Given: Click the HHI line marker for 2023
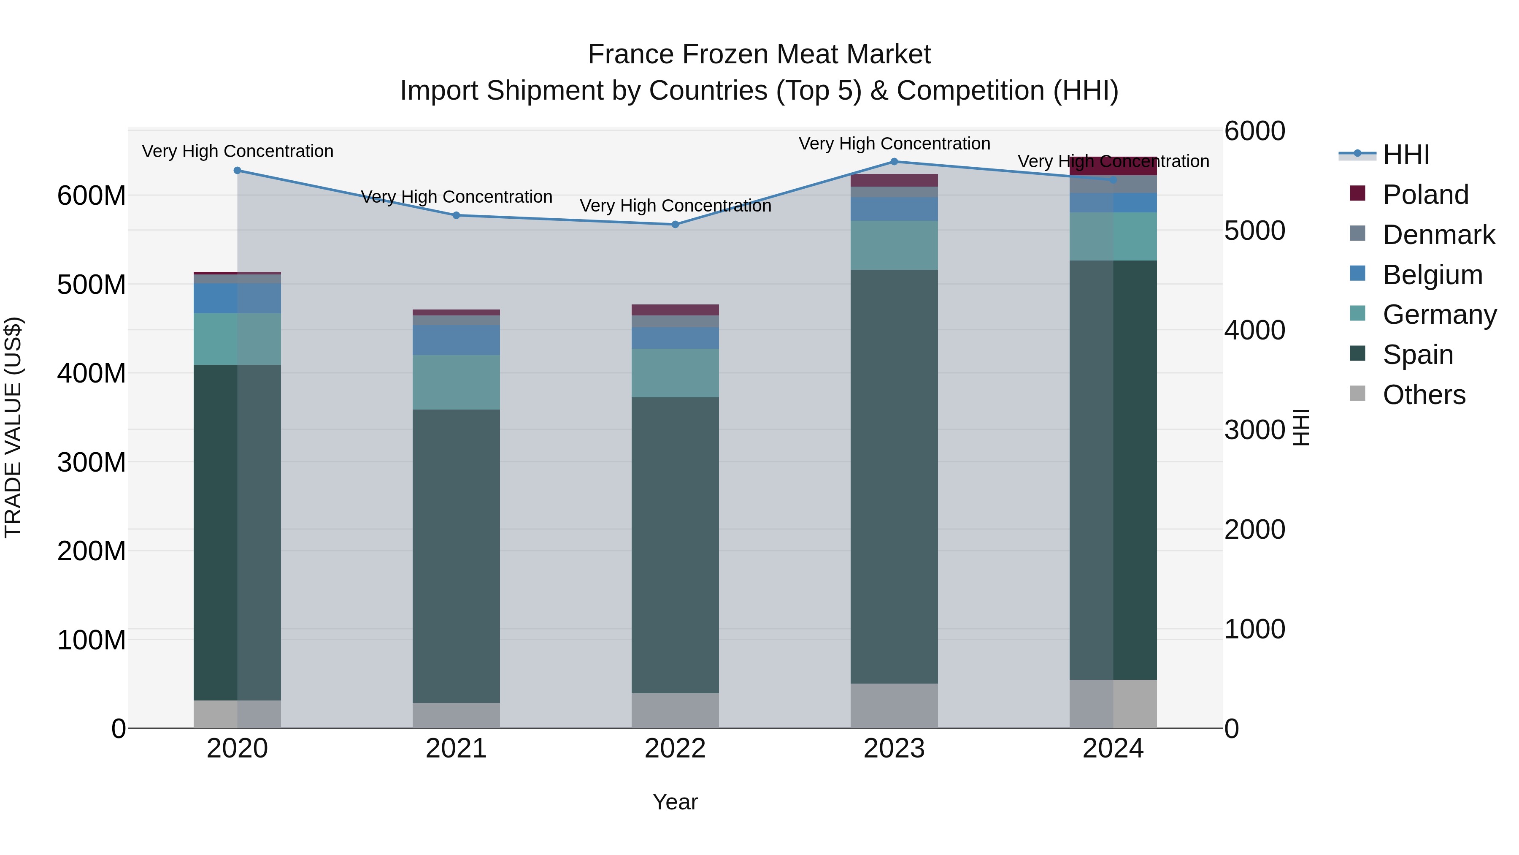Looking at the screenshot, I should (894, 161).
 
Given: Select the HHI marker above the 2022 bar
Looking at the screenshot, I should (675, 224).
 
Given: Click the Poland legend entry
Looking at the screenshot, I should (1424, 195).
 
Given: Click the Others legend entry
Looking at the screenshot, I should (1424, 395).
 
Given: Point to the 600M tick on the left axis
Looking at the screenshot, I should (92, 195).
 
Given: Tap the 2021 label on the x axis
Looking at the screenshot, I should (456, 749).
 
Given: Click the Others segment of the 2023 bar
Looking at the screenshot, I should (894, 705).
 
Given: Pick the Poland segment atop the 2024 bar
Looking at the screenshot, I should (1113, 166).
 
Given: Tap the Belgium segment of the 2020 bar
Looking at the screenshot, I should (237, 298).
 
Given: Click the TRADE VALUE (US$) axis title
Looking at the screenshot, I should (13, 427).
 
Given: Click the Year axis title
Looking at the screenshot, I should (675, 802).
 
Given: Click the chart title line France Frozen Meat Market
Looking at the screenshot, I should (759, 54).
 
